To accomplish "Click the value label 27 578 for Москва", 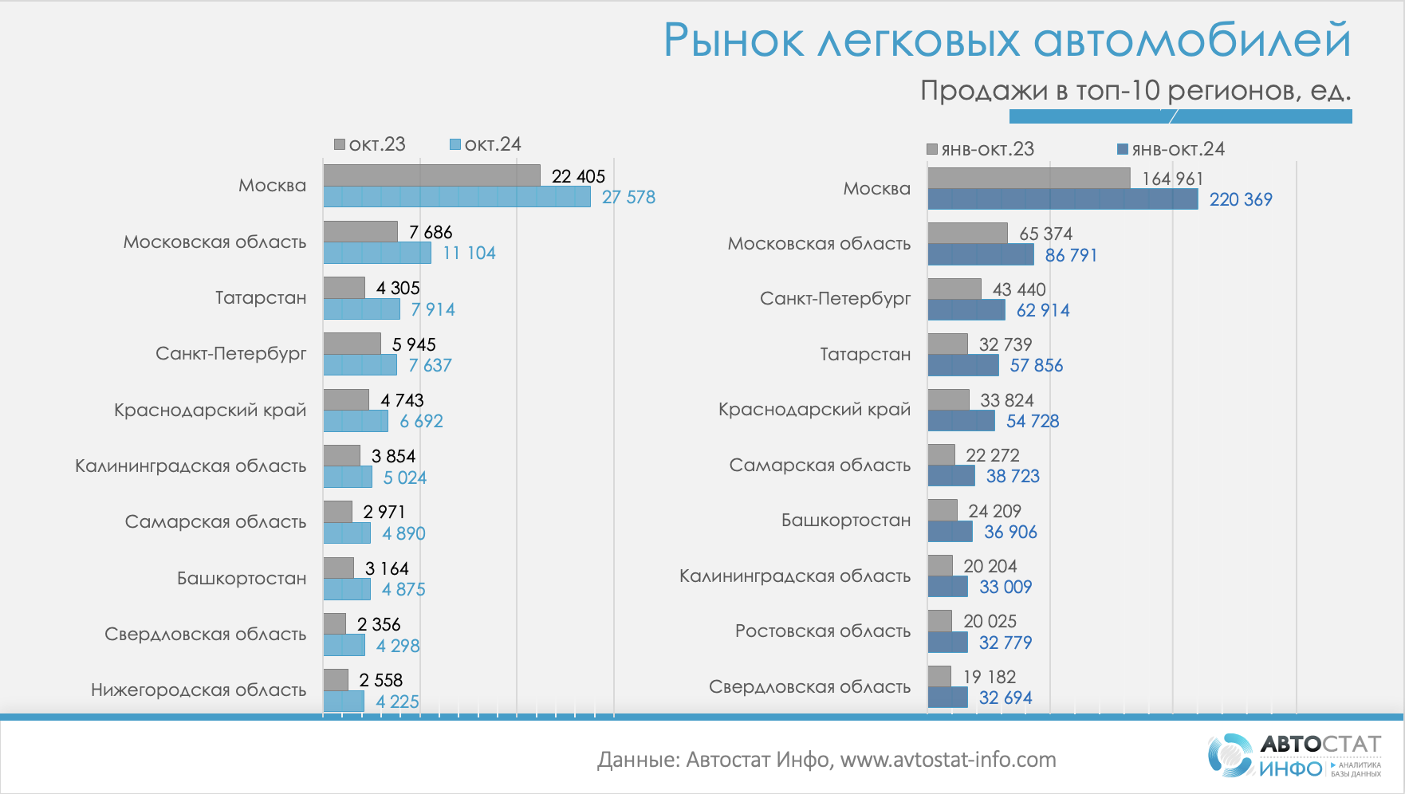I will [x=628, y=197].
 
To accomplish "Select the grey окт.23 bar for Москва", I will [x=431, y=175].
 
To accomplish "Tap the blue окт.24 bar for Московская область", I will [x=377, y=253].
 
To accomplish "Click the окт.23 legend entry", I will [x=370, y=144].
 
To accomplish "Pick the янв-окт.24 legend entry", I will [x=1171, y=149].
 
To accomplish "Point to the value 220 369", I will [x=1241, y=199].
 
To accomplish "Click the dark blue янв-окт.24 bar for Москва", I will [x=1062, y=199].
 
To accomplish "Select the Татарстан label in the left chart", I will [x=261, y=297].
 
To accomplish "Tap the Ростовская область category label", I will [x=822, y=631].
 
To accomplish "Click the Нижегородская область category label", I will [x=199, y=690].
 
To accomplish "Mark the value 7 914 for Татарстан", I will [x=433, y=309].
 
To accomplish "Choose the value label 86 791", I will [x=1071, y=255].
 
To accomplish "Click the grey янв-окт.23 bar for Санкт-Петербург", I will [x=954, y=289].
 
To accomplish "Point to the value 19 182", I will [x=990, y=677].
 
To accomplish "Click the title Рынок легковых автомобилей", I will [x=1006, y=40].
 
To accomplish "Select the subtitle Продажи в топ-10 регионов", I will [x=1135, y=90].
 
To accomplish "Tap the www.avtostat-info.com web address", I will [x=947, y=760].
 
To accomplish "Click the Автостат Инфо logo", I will [x=1294, y=755].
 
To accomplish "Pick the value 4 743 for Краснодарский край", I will [x=402, y=400].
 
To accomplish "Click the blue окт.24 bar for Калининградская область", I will [x=348, y=477].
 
